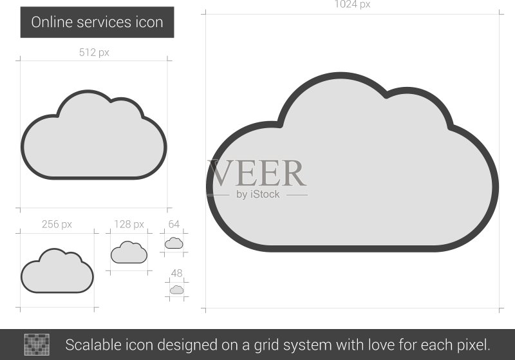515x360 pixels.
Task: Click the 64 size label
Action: (x=174, y=224)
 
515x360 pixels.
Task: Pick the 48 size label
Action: (x=176, y=273)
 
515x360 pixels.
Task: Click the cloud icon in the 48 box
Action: (x=176, y=290)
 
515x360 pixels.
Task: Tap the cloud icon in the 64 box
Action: (x=174, y=243)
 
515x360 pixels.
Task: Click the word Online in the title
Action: (x=51, y=23)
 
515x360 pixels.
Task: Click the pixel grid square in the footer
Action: (x=37, y=345)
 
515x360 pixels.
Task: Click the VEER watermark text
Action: (x=257, y=173)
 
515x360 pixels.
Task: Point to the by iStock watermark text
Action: (x=258, y=194)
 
